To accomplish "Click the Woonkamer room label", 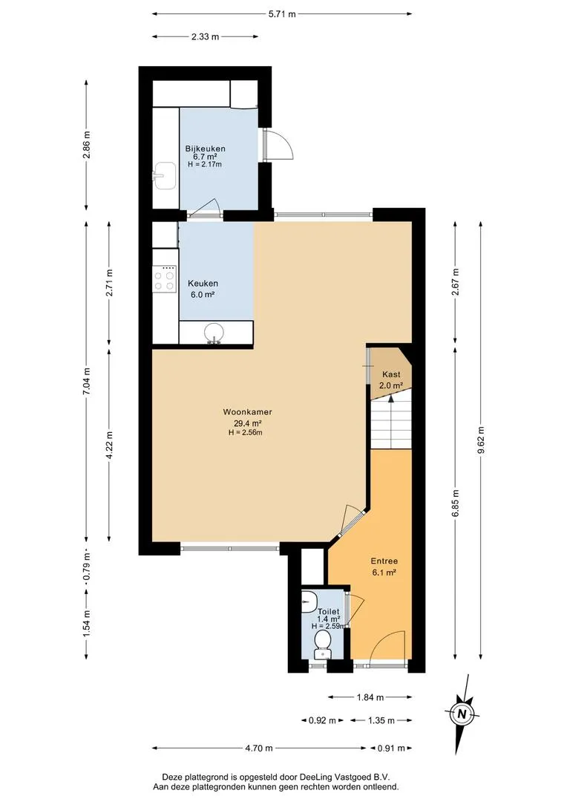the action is pos(247,411).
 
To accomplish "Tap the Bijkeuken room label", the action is pos(205,149).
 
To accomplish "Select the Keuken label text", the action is pos(203,284).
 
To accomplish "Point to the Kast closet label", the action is pos(391,374).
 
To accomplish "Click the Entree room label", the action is pos(384,561).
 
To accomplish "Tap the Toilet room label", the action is pos(328,612).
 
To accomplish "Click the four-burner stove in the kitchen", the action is pos(165,278).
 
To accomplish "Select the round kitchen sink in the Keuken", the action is pos(213,333).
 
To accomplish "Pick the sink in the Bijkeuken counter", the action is pos(165,175).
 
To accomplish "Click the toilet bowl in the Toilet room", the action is pos(322,642).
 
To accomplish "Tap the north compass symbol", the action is pos(462,714).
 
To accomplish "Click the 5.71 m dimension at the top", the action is pos(282,14).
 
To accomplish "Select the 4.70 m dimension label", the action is pos(259,749).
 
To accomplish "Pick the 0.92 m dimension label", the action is pos(322,720).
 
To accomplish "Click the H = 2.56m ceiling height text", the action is pos(246,433).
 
